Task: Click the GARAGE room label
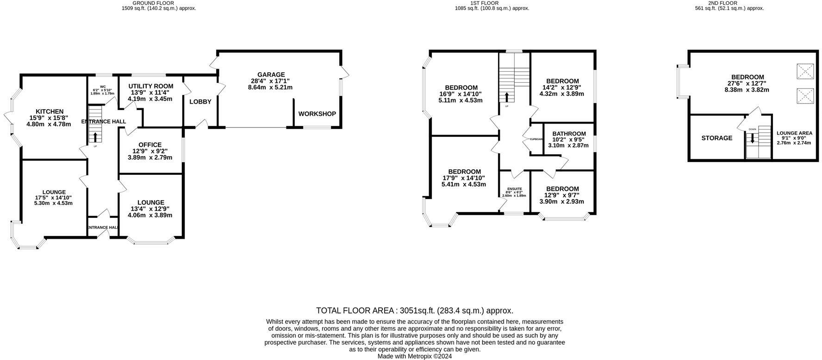271,74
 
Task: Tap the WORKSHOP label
317,114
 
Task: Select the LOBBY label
200,102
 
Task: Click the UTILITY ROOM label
151,86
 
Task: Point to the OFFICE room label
150,145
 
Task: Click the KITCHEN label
50,112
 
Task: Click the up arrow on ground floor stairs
95,137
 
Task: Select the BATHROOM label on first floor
569,134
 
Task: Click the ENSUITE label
514,189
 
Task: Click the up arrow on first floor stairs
507,97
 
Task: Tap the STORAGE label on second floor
716,138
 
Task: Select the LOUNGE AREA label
794,133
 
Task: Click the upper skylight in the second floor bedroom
804,71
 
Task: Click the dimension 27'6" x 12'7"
747,83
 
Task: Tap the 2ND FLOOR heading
735,3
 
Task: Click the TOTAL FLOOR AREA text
414,310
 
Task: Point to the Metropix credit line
414,356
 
